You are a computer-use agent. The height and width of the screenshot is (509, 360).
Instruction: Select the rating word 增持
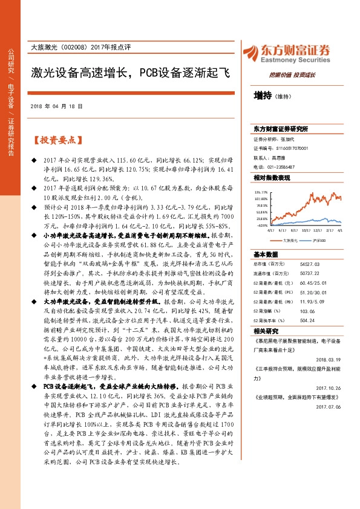[263, 96]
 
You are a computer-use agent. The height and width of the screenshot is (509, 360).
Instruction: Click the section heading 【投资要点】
[55, 140]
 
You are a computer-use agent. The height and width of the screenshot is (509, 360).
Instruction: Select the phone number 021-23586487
[282, 166]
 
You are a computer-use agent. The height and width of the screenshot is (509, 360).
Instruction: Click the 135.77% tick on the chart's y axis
[261, 192]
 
